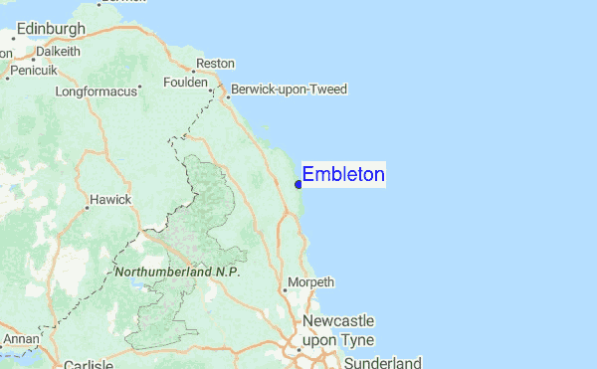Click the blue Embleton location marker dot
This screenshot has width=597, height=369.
point(298,183)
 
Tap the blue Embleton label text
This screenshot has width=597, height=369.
point(343,175)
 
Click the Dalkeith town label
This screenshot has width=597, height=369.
point(58,51)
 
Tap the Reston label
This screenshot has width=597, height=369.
point(215,64)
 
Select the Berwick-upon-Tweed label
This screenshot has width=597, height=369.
point(290,90)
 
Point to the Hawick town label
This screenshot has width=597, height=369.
point(110,199)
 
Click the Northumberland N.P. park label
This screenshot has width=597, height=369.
point(178,272)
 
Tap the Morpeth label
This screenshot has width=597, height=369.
point(310,283)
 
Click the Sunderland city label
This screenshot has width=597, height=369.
point(383,362)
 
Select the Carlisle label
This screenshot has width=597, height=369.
point(89,365)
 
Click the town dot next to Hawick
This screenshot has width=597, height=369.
point(85,200)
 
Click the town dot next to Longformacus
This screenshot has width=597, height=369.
point(140,87)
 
